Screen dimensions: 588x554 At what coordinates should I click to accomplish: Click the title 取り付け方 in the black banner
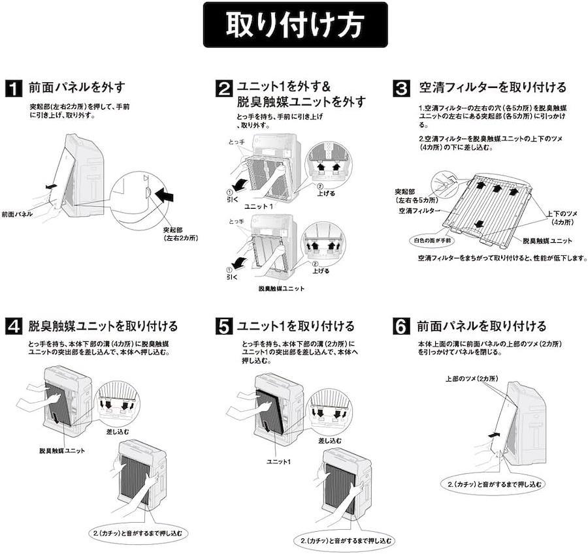295,25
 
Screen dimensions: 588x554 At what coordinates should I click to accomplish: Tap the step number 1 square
14,89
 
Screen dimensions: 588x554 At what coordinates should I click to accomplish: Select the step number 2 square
224,89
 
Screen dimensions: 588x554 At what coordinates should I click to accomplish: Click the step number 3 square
401,89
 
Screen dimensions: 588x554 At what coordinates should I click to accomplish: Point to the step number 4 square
14,326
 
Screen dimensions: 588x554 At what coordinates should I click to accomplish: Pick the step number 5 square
224,326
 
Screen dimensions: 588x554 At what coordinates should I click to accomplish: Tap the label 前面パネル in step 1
17,214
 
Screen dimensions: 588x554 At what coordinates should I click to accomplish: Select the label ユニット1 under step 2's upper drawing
258,206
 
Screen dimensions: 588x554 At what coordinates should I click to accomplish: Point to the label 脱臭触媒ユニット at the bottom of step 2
282,288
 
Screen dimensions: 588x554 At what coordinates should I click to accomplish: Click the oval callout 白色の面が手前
433,241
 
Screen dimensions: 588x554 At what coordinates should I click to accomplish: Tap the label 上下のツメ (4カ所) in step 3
561,218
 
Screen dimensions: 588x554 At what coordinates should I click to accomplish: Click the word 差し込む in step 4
118,431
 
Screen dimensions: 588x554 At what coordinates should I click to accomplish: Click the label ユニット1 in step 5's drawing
278,461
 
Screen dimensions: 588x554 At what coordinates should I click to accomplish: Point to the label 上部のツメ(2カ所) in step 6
472,378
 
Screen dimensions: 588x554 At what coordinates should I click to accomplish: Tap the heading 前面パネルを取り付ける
482,326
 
